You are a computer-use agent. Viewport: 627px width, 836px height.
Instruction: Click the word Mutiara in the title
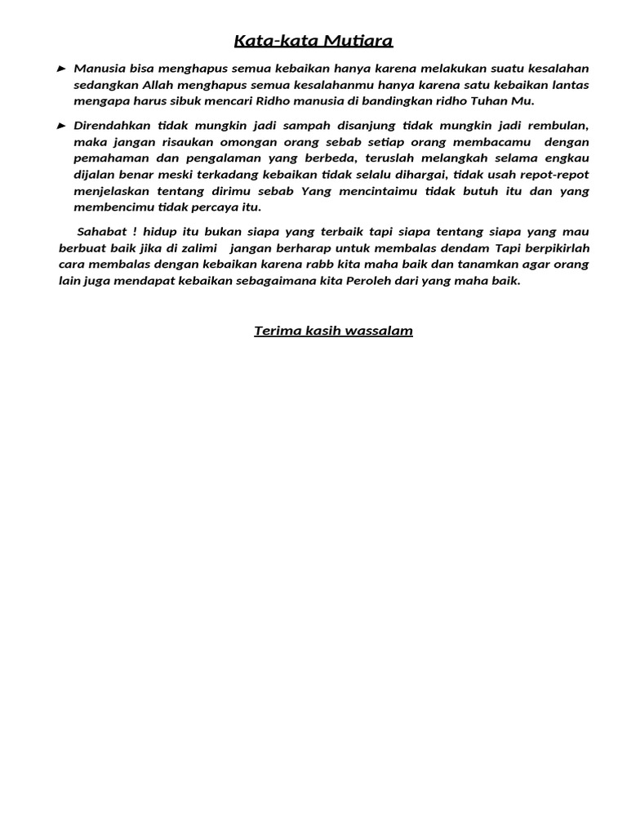coord(358,41)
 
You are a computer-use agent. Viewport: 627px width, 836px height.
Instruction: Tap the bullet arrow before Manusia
coord(62,69)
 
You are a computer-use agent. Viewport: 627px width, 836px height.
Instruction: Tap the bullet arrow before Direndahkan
coord(62,126)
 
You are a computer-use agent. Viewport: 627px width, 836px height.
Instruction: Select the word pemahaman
coord(109,158)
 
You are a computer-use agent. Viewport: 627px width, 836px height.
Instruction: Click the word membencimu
coord(112,207)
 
